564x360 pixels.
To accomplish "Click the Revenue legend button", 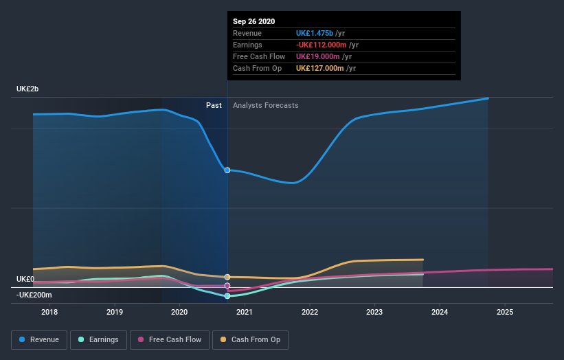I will [40, 339].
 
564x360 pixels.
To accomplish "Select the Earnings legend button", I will [98, 339].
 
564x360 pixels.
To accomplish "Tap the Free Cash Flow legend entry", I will [169, 339].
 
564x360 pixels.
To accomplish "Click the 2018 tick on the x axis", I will [49, 312].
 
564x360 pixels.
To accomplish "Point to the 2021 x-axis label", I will [245, 312].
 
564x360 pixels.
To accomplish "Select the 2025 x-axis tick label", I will [505, 312].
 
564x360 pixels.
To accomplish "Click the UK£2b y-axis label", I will [28, 89].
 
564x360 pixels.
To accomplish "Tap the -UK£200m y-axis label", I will [34, 295].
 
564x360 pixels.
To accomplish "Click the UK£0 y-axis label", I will [25, 279].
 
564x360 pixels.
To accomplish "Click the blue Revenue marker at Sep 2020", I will [227, 170].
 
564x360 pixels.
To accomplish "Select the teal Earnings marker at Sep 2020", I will [227, 295].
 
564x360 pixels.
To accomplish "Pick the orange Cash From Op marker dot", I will [227, 277].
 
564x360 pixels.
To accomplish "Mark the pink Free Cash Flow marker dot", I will [227, 285].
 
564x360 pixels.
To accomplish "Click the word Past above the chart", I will [214, 105].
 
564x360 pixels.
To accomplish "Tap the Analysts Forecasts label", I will [266, 105].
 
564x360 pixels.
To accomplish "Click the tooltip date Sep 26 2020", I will [253, 21].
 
